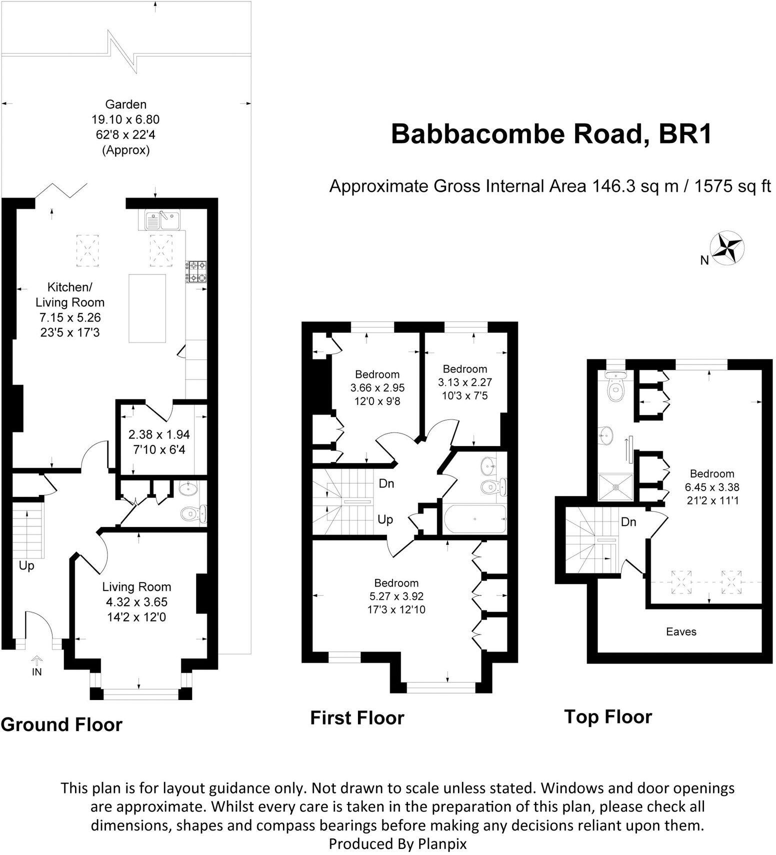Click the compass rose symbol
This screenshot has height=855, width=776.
[728, 248]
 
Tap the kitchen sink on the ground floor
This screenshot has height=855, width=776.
[162, 220]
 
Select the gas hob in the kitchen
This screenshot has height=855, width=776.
[196, 272]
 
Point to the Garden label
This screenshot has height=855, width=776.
[125, 104]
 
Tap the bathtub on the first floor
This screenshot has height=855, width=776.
[474, 520]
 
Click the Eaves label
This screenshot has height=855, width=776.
[681, 631]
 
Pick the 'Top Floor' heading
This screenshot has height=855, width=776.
[608, 716]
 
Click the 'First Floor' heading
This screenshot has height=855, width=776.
[357, 717]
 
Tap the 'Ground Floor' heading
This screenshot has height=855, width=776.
[61, 724]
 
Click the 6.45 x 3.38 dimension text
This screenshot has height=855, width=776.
[712, 486]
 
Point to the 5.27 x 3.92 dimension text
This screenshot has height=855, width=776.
[396, 596]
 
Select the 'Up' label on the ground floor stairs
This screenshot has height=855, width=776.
[26, 566]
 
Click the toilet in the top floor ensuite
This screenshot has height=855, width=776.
[614, 390]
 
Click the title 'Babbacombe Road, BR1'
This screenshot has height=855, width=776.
[551, 134]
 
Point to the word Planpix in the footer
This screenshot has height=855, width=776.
[442, 843]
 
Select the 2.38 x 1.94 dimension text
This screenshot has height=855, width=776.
[159, 434]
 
